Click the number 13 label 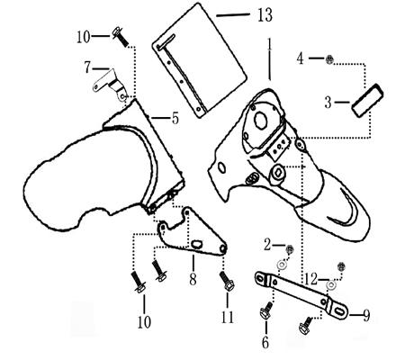265,15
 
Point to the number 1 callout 269,44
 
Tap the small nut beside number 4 329,59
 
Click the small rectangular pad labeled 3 367,100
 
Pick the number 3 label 328,103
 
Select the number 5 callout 175,118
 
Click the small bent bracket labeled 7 110,85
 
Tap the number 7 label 87,67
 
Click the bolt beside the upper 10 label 120,37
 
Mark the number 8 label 193,279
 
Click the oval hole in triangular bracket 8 197,244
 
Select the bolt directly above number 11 227,282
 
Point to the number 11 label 227,316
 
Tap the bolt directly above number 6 266,311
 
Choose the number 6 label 265,342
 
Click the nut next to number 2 290,249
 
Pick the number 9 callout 365,315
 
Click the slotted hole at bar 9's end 338,310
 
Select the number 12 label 310,279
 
